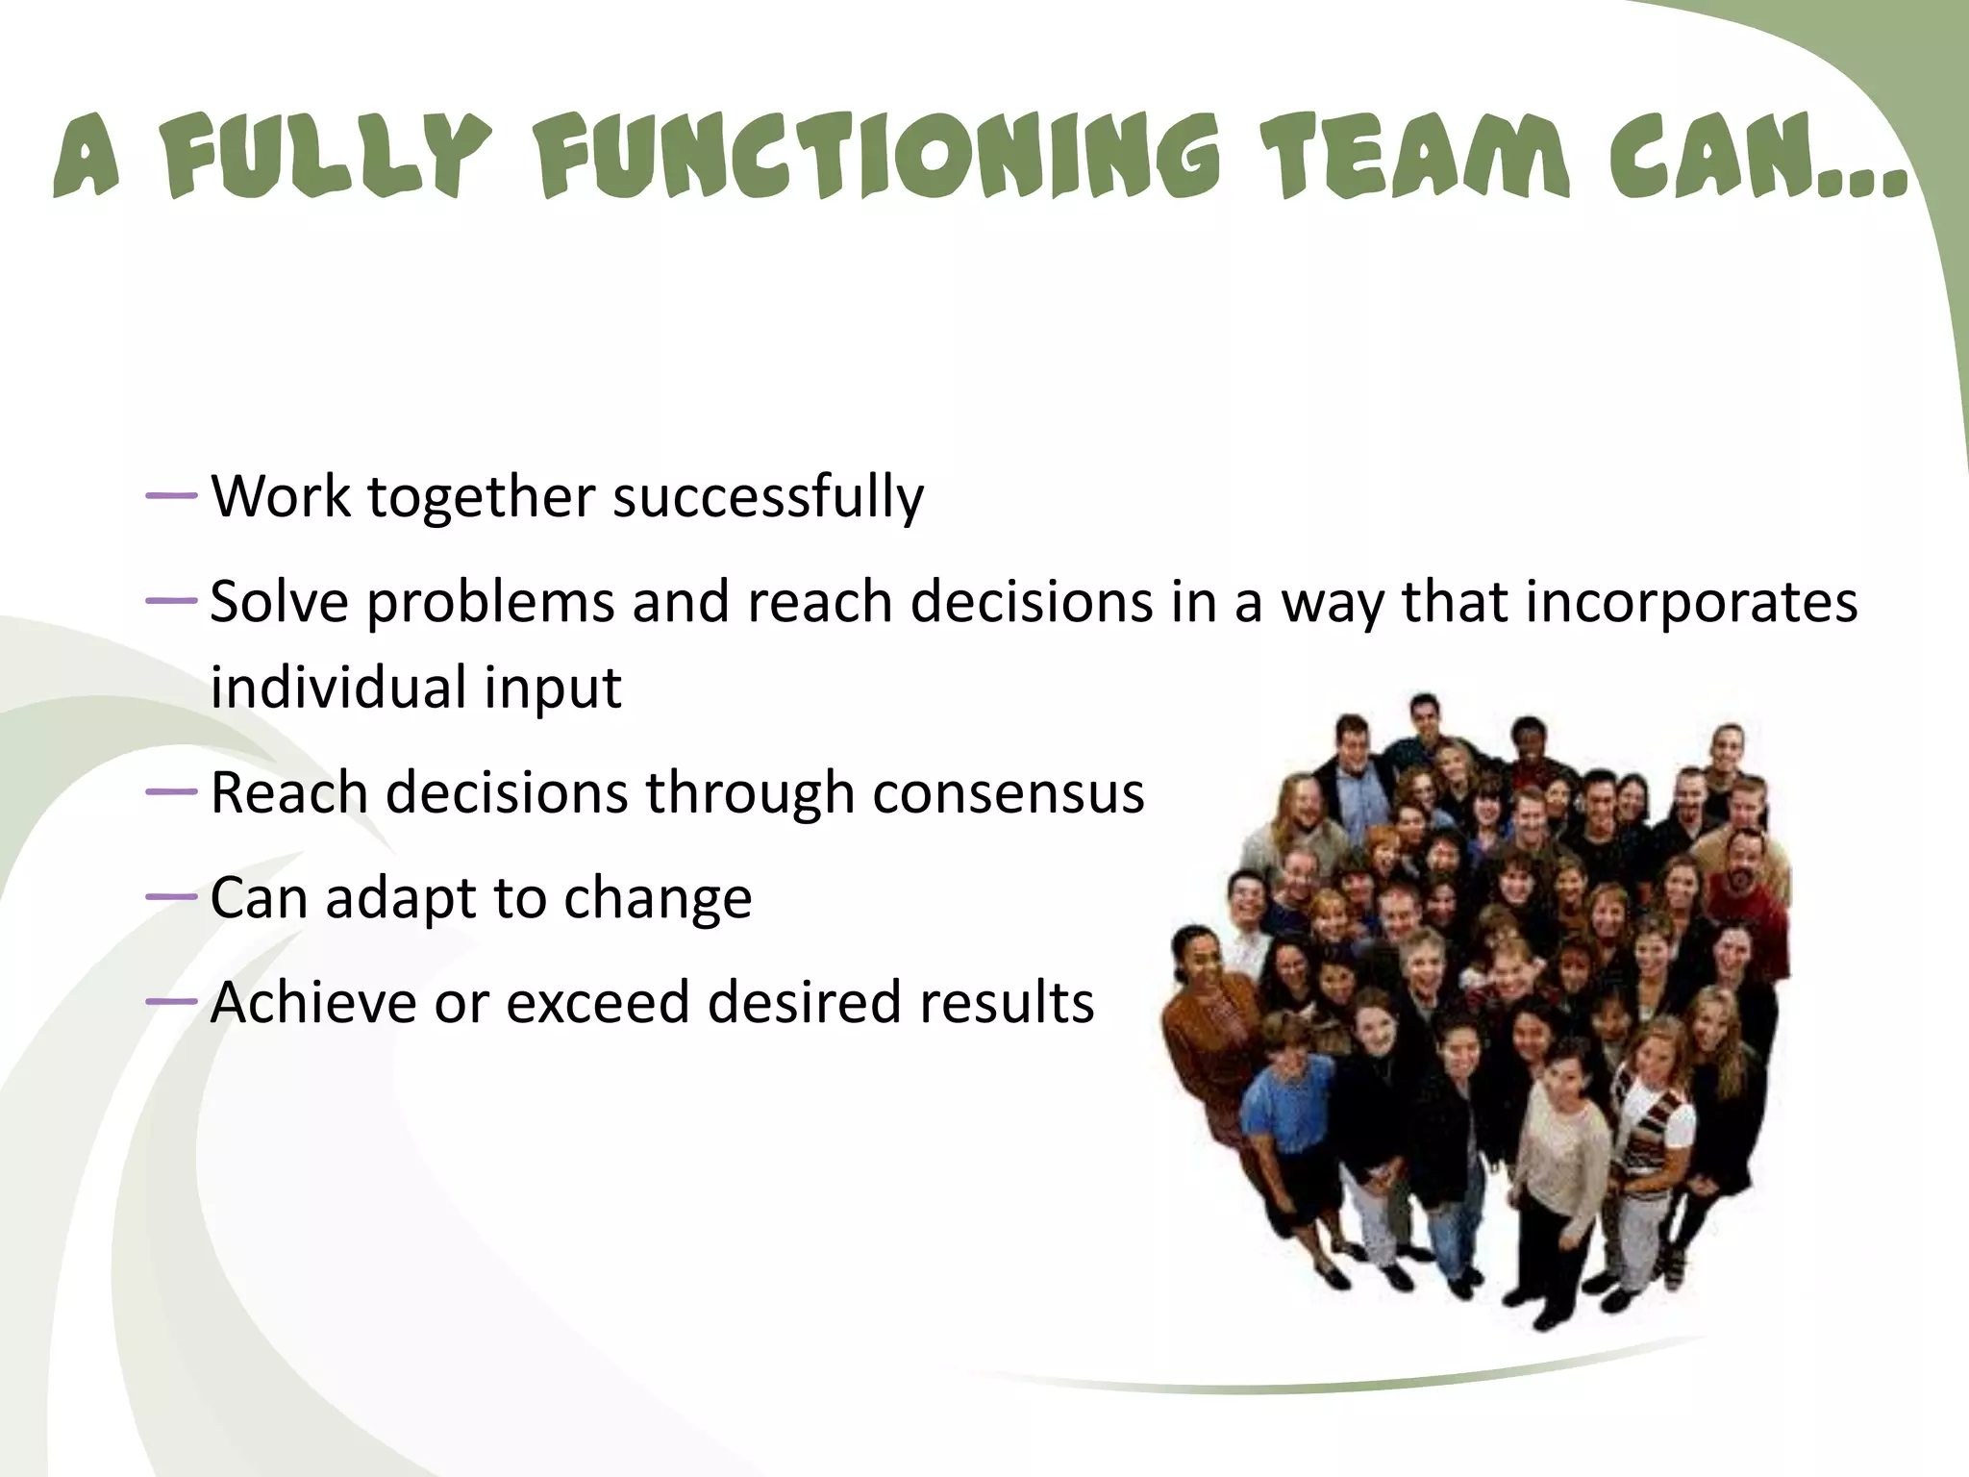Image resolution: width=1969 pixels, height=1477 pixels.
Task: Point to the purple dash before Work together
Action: click(171, 496)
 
